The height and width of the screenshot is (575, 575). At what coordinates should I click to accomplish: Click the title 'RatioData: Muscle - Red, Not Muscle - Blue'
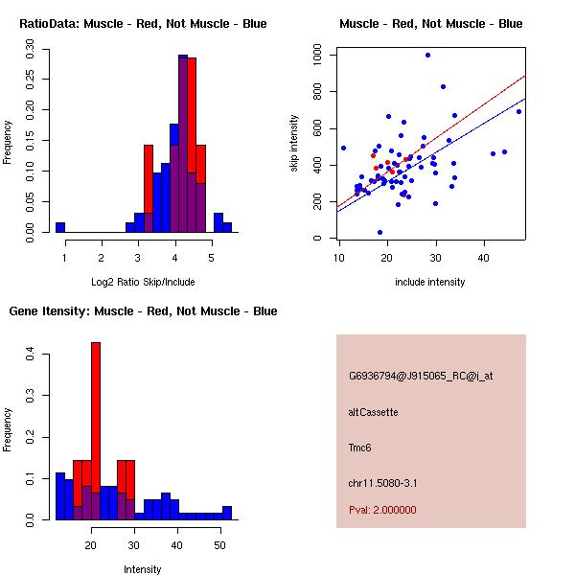click(144, 23)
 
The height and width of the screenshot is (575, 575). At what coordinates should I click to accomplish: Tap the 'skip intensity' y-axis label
click(295, 144)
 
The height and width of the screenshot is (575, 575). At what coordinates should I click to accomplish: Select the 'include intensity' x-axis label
click(430, 282)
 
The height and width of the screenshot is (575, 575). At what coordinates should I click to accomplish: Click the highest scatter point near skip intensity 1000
click(427, 55)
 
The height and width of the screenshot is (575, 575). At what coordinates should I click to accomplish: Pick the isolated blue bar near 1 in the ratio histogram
click(60, 227)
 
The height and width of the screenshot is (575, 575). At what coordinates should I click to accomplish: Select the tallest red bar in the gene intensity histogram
click(96, 430)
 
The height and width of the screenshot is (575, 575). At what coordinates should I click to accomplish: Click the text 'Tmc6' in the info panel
click(359, 448)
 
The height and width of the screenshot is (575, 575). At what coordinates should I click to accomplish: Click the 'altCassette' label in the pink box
click(374, 412)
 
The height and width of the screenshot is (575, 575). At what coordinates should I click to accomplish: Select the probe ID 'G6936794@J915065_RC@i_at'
click(421, 378)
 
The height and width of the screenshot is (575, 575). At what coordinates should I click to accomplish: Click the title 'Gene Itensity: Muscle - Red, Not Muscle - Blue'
click(143, 311)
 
